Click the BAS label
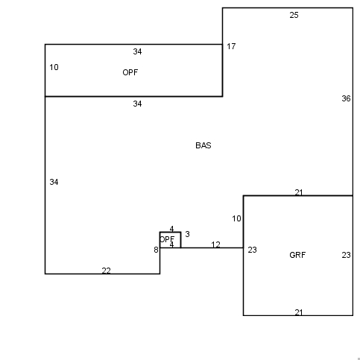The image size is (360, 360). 203,145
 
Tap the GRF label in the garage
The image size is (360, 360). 297,255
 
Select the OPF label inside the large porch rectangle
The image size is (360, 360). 130,72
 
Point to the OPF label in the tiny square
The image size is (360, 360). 167,239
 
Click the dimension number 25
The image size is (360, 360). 294,15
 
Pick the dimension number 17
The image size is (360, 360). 231,46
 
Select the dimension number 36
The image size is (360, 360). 346,98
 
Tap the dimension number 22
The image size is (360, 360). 106,271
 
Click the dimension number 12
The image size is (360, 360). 215,244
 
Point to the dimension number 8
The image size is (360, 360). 156,250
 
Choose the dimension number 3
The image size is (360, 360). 188,234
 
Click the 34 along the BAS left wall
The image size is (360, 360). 54,182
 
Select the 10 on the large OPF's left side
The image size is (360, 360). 54,67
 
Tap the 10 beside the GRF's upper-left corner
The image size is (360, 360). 236,218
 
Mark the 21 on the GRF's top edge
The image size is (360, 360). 299,192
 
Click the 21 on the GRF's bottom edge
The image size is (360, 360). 299,312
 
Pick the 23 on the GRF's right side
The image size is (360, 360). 346,255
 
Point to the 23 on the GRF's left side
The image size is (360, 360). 252,250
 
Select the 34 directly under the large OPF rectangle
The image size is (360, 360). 137,104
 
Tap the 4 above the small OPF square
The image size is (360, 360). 171,229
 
